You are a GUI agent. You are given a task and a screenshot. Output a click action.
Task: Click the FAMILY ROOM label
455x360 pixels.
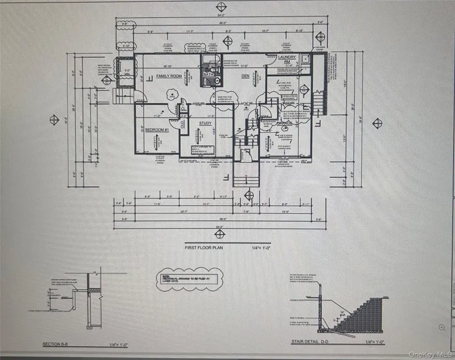tap(169, 76)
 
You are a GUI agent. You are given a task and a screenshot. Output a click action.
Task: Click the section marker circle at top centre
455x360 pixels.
tap(222, 7)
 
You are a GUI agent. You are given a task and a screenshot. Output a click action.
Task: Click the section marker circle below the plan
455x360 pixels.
tap(221, 235)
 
